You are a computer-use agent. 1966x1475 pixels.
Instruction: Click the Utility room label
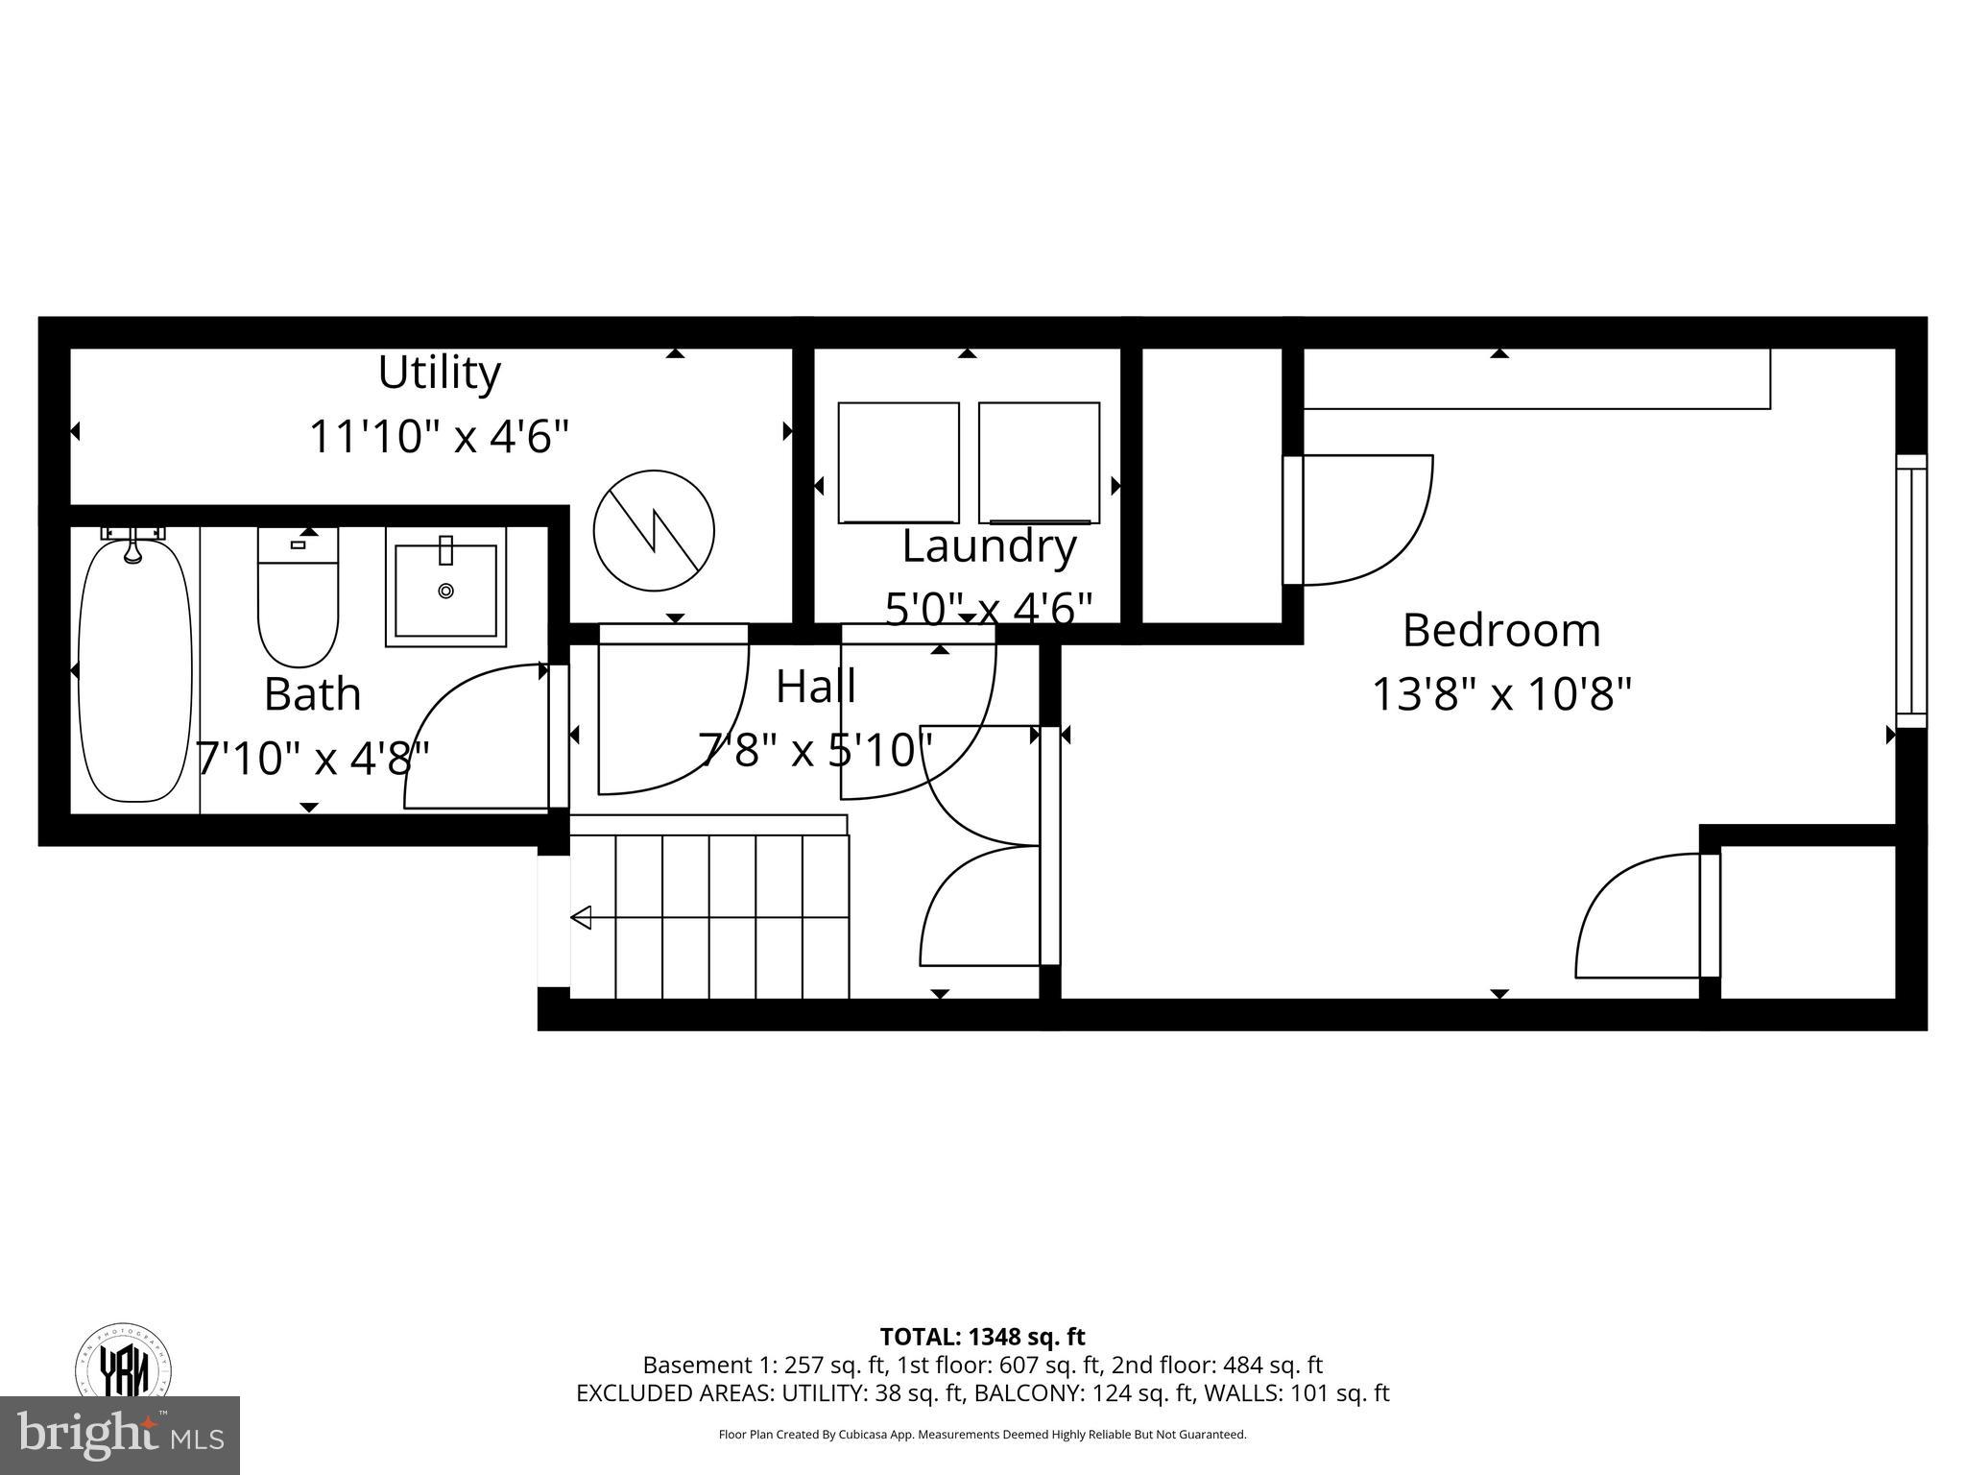[439, 373]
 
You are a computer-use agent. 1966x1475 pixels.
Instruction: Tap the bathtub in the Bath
[134, 672]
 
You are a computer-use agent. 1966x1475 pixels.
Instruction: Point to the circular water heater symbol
[654, 531]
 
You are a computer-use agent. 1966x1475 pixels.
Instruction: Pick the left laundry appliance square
[899, 463]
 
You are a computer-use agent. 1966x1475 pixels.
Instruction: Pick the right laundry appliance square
[1039, 463]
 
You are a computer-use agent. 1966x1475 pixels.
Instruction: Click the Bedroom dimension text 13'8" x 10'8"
[1501, 694]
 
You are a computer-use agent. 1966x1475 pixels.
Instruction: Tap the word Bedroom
[1501, 631]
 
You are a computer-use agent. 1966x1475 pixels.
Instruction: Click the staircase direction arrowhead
[581, 918]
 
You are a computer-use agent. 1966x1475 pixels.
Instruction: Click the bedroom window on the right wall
[1911, 592]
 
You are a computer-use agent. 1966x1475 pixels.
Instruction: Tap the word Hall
[815, 687]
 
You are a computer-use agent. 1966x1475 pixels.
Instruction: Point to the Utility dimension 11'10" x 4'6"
[439, 437]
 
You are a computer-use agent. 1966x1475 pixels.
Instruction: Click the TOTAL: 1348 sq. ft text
[982, 1336]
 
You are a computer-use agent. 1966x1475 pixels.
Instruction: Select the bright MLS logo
[119, 1436]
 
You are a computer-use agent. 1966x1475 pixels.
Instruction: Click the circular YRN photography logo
[124, 1363]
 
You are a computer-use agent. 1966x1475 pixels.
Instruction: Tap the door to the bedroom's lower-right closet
[1710, 915]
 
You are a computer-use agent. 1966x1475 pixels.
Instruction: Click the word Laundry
[989, 546]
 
